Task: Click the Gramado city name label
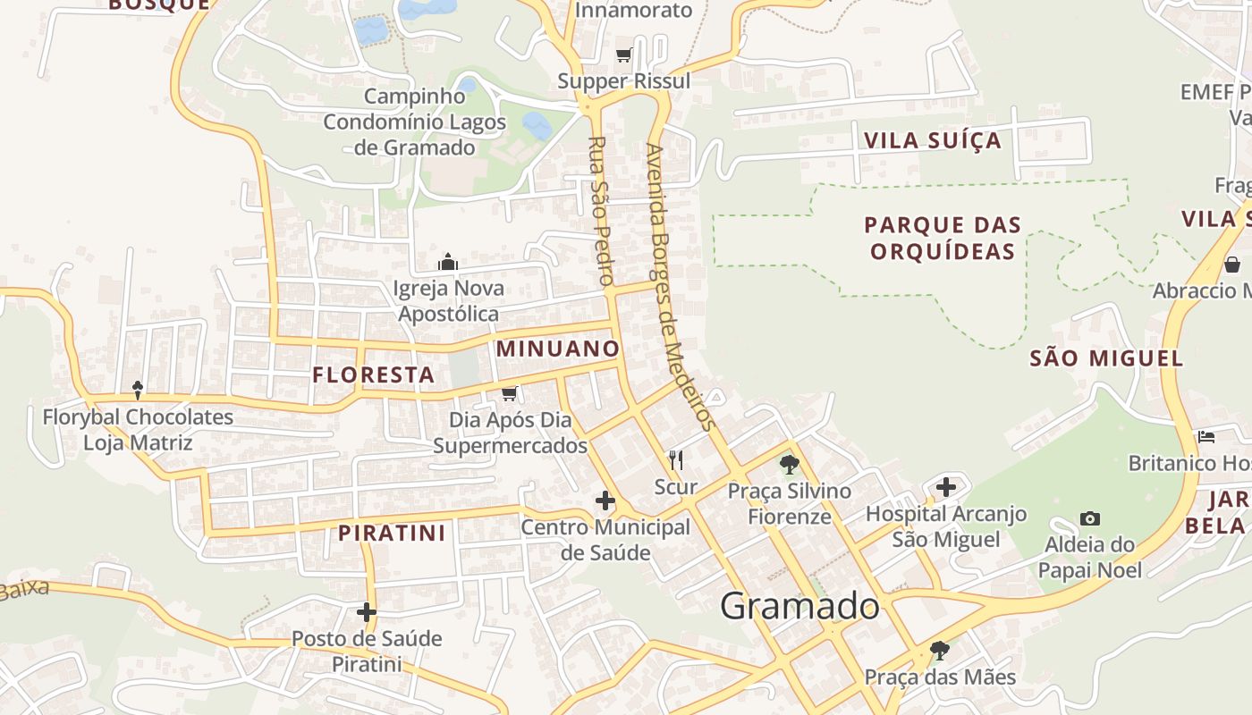(799, 606)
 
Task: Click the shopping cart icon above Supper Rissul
(624, 55)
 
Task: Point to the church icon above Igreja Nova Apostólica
(447, 262)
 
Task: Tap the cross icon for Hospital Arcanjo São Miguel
(946, 487)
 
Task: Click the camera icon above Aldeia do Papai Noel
(1089, 518)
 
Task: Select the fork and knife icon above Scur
(676, 460)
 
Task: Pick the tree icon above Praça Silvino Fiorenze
(789, 464)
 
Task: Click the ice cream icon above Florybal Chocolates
(138, 390)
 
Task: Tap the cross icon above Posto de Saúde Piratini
(367, 612)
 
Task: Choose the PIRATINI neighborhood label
(392, 534)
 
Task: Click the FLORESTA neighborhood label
(374, 375)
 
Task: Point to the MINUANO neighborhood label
(558, 349)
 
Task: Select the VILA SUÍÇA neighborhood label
(933, 140)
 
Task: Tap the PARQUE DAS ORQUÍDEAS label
(943, 238)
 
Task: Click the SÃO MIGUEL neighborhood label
(1106, 359)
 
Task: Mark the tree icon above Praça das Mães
(939, 650)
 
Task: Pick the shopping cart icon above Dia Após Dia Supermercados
(510, 393)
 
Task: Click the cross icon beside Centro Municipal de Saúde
(605, 500)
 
